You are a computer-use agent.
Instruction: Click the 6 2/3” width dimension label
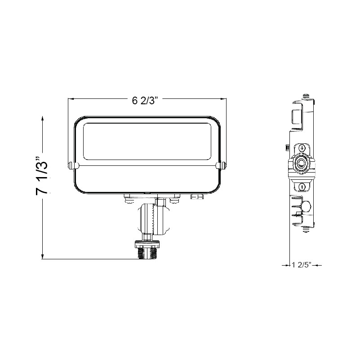[x=145, y=101]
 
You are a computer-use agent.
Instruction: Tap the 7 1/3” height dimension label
[x=42, y=176]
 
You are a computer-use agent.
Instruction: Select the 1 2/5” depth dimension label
[x=302, y=265]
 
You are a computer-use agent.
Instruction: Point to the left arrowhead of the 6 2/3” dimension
[x=71, y=99]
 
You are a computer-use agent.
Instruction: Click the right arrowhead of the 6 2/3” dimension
[x=223, y=99]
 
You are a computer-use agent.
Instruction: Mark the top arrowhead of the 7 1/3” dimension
[x=43, y=119]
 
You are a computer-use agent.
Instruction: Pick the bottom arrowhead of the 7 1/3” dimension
[x=43, y=256]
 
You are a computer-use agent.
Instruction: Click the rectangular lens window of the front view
[x=147, y=141]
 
